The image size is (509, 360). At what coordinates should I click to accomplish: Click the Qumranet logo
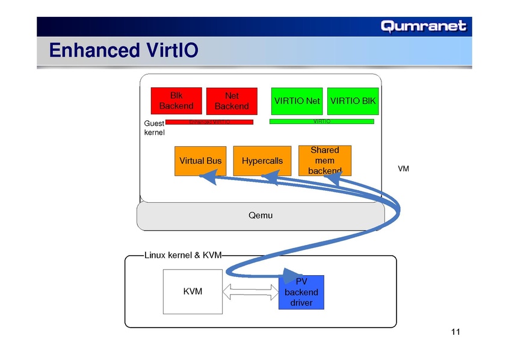click(424, 26)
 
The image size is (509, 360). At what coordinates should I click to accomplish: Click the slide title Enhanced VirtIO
click(123, 50)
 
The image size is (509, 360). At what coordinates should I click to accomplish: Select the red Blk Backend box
click(176, 101)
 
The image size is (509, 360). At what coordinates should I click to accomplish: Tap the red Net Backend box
click(232, 101)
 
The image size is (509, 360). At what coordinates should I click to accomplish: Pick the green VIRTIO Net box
click(297, 101)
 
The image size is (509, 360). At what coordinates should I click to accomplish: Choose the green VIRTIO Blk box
click(353, 101)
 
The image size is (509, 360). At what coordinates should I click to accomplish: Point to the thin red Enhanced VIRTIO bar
click(209, 122)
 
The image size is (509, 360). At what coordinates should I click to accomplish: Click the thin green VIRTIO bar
click(321, 122)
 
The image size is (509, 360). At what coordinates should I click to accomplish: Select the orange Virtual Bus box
click(200, 161)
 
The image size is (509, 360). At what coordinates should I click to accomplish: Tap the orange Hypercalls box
click(262, 161)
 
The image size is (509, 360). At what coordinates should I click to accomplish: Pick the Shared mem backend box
click(324, 160)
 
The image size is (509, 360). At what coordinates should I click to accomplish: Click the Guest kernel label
click(154, 128)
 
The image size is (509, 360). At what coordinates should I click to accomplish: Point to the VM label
click(404, 169)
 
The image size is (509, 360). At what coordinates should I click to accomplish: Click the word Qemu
click(261, 215)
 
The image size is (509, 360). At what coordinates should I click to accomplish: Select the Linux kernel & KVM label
click(183, 255)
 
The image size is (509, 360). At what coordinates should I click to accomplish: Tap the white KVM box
click(193, 291)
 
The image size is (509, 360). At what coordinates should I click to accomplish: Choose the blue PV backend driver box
click(301, 292)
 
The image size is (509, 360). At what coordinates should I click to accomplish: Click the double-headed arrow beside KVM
click(250, 292)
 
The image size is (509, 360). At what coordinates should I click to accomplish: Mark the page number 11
click(455, 333)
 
